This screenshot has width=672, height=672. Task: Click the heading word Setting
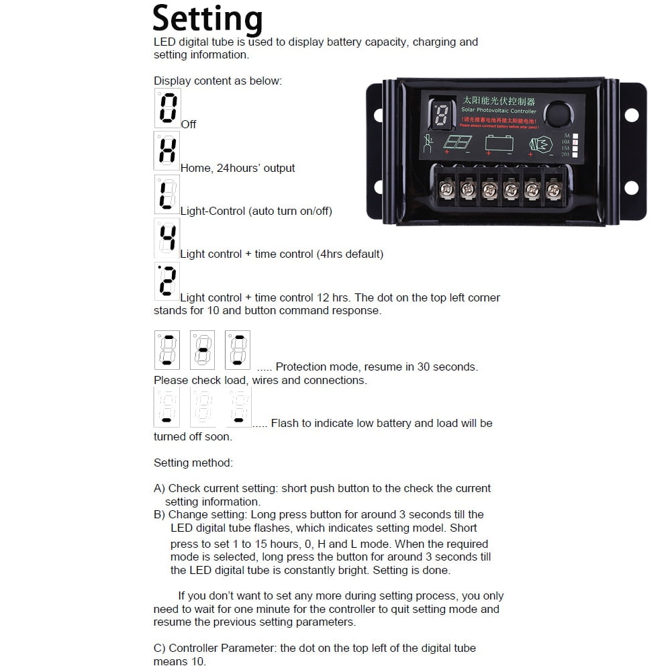click(x=207, y=18)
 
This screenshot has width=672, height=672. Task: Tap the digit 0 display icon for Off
click(x=167, y=108)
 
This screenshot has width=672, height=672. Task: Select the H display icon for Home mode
click(x=166, y=150)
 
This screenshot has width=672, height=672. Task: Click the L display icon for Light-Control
click(x=166, y=194)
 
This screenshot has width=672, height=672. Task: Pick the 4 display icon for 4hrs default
click(x=167, y=238)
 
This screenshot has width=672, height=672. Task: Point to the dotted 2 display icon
click(x=166, y=281)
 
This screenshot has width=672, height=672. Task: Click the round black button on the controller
click(x=556, y=113)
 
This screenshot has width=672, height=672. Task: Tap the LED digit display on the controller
click(x=441, y=115)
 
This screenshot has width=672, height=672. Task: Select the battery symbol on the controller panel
click(x=499, y=143)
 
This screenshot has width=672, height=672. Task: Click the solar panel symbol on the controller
click(x=457, y=143)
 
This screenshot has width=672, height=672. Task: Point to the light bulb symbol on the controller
click(x=542, y=144)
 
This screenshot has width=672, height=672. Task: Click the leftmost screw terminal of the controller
click(x=444, y=190)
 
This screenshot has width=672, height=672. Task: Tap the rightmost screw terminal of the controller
click(x=553, y=190)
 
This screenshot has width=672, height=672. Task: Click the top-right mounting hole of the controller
click(x=631, y=115)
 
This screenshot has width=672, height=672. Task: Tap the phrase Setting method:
click(x=193, y=463)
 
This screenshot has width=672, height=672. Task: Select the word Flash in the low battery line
click(x=285, y=424)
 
